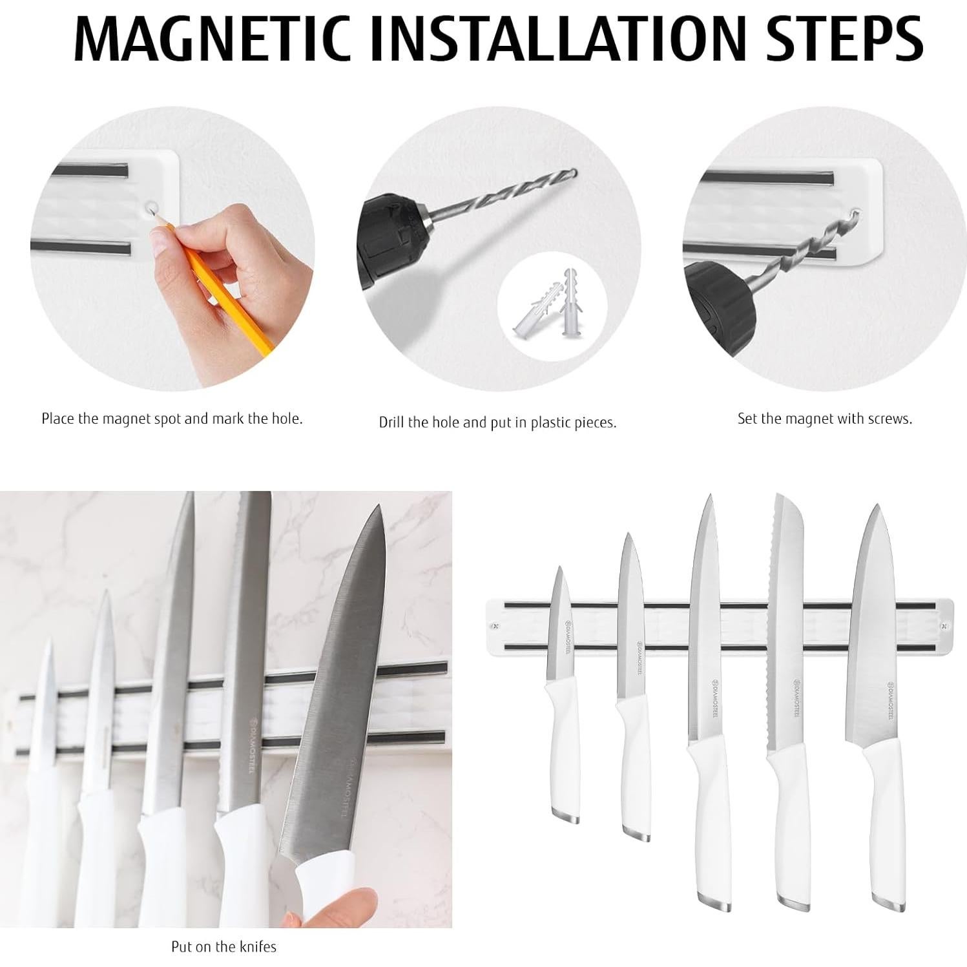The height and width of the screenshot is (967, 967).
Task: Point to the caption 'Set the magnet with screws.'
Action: tap(824, 419)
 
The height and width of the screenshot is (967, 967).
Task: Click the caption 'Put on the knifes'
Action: tap(224, 946)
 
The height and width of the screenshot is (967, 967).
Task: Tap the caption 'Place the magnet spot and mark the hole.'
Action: tap(172, 419)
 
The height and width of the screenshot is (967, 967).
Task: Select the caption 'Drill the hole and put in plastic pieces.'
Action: tap(497, 422)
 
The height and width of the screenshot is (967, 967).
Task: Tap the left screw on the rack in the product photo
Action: tap(495, 626)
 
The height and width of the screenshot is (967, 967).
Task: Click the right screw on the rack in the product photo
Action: tap(943, 626)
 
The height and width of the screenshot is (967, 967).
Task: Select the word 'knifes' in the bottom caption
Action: tap(258, 946)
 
